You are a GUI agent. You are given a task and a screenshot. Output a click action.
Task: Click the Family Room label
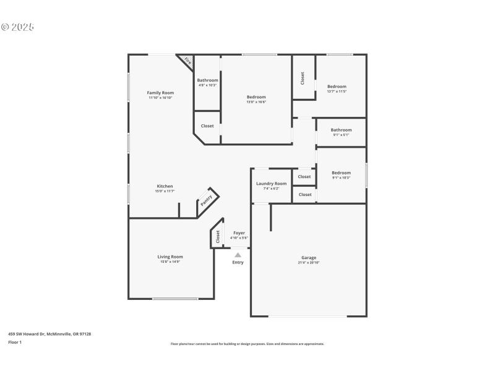(160, 93)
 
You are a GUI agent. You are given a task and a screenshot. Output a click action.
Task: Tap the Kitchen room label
(165, 186)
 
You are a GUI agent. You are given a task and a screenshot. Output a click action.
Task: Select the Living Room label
(170, 257)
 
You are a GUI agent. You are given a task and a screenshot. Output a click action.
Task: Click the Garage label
(309, 258)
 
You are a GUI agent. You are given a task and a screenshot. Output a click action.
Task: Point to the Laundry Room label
(271, 184)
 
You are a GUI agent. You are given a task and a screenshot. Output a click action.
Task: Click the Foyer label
(239, 233)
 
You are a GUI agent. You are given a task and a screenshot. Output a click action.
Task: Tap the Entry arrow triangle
(238, 254)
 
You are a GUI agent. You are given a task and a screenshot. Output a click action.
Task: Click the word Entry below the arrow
(238, 262)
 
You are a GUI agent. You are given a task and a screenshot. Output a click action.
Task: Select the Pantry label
(207, 200)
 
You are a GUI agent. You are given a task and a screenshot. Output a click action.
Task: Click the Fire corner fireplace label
(187, 61)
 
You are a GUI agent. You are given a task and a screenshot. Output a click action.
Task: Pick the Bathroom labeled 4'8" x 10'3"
(207, 80)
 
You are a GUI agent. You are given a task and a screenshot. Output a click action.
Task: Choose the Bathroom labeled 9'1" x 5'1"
(341, 130)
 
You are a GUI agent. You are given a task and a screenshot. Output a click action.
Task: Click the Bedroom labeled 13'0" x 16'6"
(256, 97)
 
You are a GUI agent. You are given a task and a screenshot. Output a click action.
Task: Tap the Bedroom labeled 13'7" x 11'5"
(337, 87)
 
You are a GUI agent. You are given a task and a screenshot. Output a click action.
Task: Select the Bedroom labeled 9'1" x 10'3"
(341, 173)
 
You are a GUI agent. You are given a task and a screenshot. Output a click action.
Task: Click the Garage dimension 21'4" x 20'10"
(309, 263)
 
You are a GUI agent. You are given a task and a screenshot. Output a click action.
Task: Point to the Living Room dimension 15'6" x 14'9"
(170, 262)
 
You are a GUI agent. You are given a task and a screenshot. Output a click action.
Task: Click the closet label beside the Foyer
(218, 236)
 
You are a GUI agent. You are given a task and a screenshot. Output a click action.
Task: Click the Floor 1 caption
(15, 342)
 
